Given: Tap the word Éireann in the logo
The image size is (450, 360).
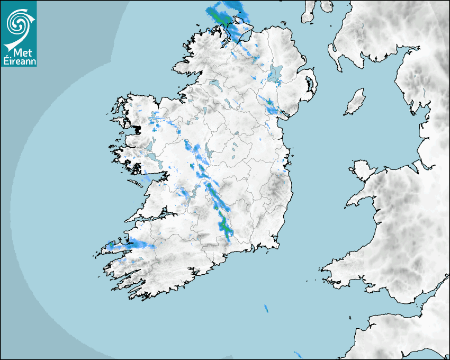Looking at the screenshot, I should point(19,60).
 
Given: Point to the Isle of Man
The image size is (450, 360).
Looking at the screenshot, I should point(355,102).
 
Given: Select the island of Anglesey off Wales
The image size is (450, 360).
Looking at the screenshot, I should point(363,168).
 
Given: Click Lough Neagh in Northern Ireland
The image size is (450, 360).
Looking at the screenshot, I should point(275,74).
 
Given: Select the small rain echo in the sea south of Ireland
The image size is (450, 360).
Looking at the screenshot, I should point(266,308).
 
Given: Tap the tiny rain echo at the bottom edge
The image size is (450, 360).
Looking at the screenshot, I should point(299,353).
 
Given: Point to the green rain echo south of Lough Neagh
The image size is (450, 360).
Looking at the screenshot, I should point(269,102).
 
